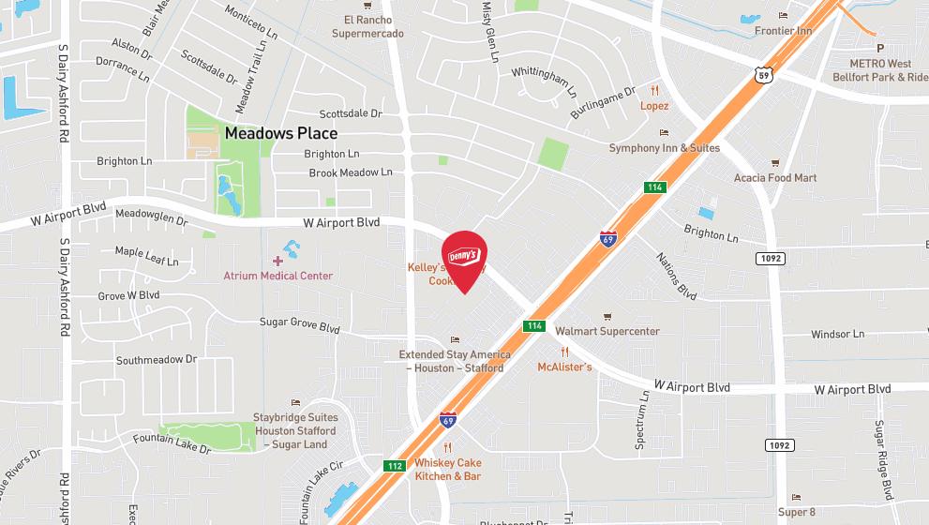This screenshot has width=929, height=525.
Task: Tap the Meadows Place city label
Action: [280, 133]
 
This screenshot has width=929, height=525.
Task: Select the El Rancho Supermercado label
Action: [367, 26]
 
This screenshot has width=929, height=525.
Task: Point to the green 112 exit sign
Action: [395, 465]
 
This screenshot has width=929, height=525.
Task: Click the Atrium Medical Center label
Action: [277, 276]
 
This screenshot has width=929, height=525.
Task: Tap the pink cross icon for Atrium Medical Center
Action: [277, 260]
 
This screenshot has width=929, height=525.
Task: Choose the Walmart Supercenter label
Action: [607, 331]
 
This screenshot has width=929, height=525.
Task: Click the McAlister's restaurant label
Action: [564, 367]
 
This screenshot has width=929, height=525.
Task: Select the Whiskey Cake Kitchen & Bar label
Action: [448, 470]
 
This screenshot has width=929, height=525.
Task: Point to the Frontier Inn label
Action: [783, 31]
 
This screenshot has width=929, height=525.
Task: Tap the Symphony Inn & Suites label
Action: [664, 148]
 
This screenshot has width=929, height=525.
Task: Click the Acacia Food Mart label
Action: [775, 177]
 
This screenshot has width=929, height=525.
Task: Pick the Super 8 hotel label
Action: [797, 512]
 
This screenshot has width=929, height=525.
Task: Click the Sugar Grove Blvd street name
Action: [299, 325]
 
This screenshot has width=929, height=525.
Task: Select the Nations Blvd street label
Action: [676, 276]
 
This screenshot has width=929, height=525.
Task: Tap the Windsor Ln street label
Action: [837, 334]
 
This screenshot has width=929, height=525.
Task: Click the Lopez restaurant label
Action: [654, 106]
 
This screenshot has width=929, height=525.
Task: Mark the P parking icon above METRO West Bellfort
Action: [879, 48]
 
